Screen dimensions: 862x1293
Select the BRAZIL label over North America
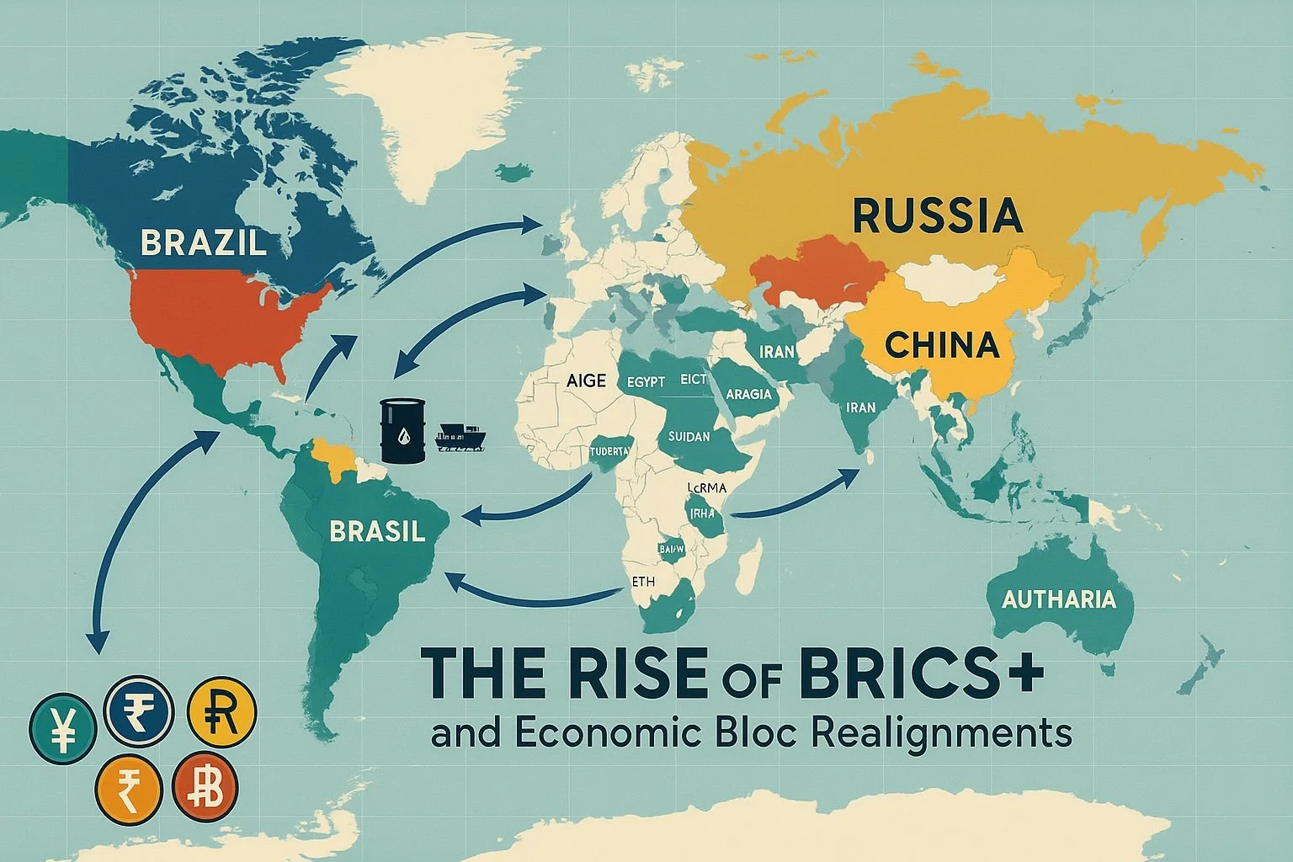click(x=204, y=242)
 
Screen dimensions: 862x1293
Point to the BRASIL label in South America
click(x=377, y=531)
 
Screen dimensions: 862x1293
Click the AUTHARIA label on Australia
click(x=1059, y=599)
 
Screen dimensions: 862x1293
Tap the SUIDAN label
click(x=689, y=437)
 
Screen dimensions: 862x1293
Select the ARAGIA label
click(x=748, y=394)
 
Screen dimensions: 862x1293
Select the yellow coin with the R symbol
click(x=221, y=709)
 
